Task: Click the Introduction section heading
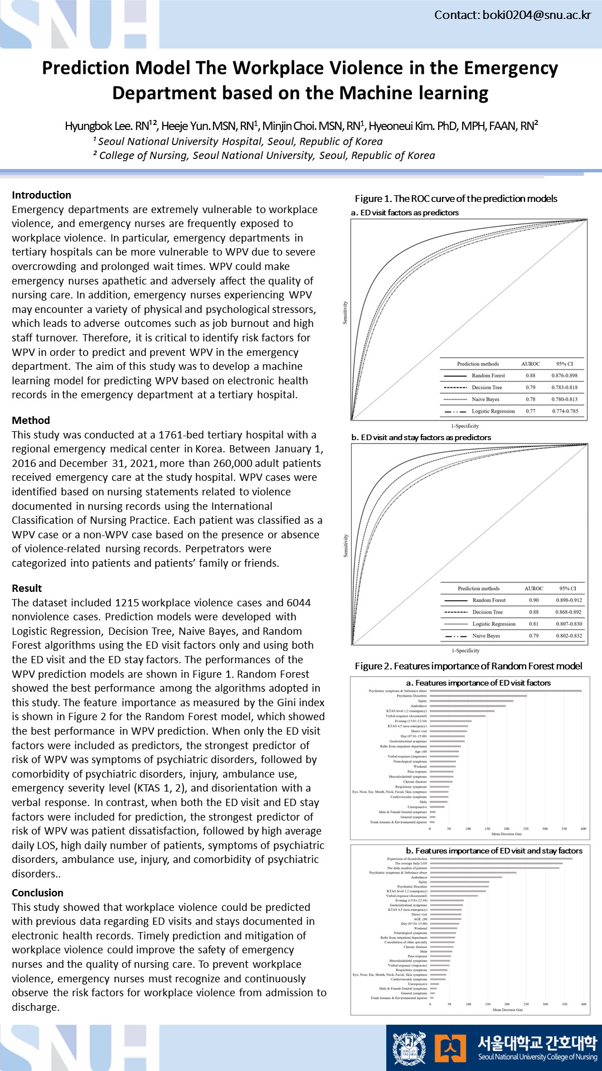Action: click(x=42, y=195)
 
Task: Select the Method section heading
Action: click(x=31, y=420)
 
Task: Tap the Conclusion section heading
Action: click(x=38, y=893)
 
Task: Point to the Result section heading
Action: click(x=27, y=588)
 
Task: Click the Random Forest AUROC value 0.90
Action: click(x=533, y=600)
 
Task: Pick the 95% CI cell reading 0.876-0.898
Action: click(x=565, y=375)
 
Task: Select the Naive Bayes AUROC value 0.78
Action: click(x=530, y=399)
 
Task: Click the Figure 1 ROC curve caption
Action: click(x=456, y=199)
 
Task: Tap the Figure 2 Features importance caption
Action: click(x=468, y=666)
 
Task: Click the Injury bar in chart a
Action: click(x=471, y=701)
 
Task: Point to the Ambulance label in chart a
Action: click(x=419, y=706)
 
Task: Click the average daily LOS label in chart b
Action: click(x=411, y=863)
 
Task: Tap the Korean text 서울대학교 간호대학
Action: click(x=537, y=1042)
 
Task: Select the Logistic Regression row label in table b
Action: click(x=494, y=624)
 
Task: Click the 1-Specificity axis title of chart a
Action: click(x=465, y=426)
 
